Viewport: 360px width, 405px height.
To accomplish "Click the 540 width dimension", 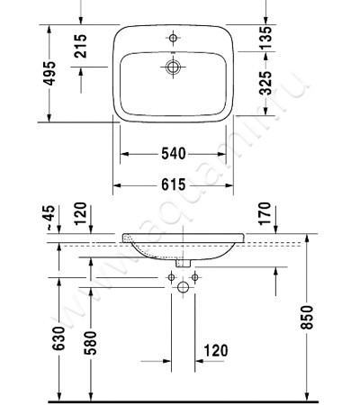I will (174, 154).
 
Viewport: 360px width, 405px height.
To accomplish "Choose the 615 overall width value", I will (174, 184).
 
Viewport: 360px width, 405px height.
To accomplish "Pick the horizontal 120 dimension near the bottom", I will (217, 350).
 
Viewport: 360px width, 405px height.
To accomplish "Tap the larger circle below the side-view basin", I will (184, 286).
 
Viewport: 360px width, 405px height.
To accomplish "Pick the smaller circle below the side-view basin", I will (173, 276).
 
